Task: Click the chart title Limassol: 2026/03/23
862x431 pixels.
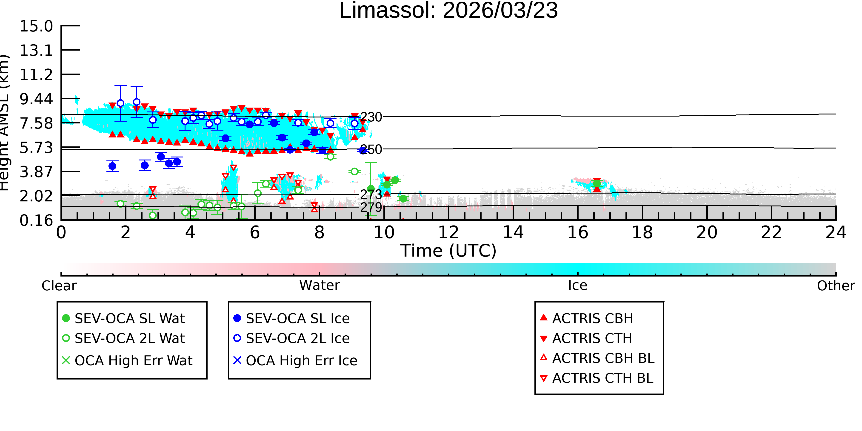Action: click(x=448, y=11)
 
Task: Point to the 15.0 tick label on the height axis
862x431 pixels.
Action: click(x=36, y=26)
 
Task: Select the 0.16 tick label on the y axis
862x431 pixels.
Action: click(x=36, y=220)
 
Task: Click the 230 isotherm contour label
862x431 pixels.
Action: click(x=371, y=117)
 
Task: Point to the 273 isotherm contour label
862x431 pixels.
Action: click(x=371, y=194)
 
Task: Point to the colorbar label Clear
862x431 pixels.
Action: click(x=59, y=286)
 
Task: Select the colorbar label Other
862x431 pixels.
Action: click(x=836, y=286)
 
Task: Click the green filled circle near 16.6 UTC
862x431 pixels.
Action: click(x=597, y=183)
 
